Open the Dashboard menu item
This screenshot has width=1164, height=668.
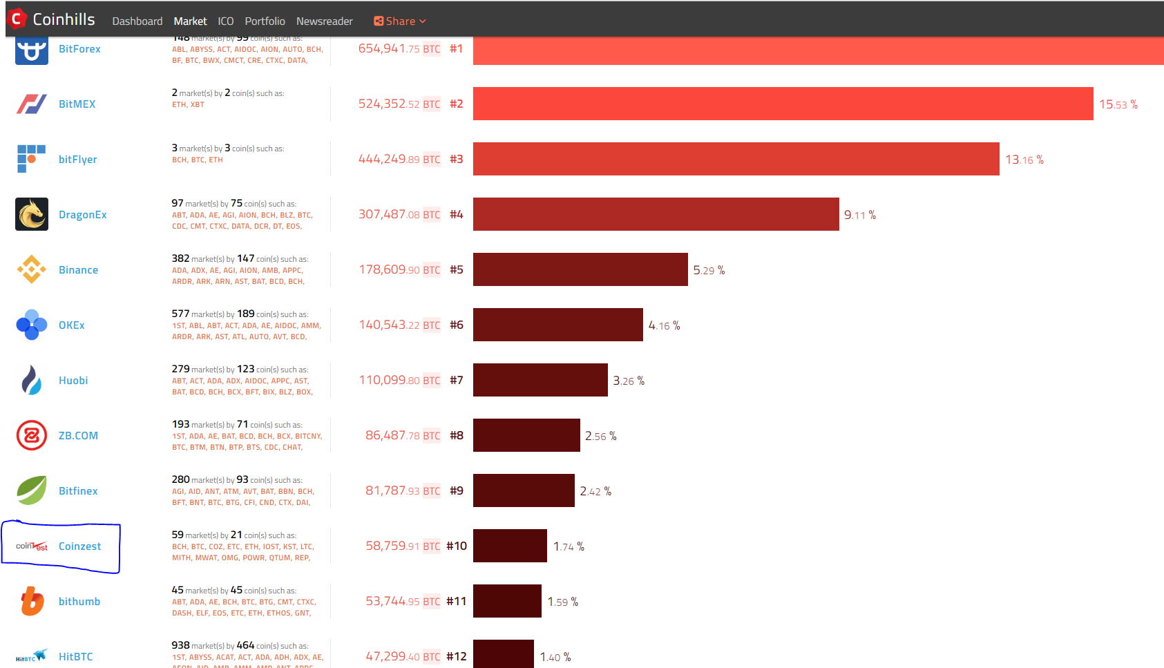tap(137, 21)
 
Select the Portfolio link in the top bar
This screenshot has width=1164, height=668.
tap(265, 21)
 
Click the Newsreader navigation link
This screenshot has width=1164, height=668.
tap(324, 21)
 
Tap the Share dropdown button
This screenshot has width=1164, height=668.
tap(399, 21)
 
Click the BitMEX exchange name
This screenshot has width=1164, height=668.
tap(77, 104)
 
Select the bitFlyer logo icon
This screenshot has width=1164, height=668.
tap(31, 159)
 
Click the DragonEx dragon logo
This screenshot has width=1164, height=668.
tap(32, 214)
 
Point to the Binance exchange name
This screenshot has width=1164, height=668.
tap(78, 270)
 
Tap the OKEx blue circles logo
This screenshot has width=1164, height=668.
tap(32, 325)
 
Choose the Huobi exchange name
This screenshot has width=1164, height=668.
tap(73, 381)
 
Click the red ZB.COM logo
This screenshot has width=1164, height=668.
tap(32, 435)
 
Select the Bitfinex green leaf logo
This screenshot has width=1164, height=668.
tap(32, 490)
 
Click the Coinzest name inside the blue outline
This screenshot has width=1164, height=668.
tap(79, 546)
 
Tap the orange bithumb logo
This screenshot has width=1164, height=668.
tap(32, 601)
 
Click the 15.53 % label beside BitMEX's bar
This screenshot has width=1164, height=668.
tap(1118, 104)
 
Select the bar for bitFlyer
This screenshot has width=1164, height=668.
tap(736, 159)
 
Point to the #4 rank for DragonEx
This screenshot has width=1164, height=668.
tap(456, 214)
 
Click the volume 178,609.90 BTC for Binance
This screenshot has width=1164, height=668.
tap(399, 269)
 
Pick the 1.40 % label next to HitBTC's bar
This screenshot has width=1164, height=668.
tap(555, 657)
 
